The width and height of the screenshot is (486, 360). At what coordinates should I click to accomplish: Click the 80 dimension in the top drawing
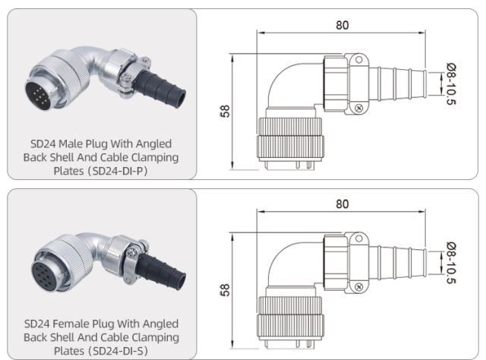[x=342, y=24]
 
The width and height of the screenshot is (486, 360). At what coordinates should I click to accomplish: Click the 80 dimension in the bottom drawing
[x=342, y=205]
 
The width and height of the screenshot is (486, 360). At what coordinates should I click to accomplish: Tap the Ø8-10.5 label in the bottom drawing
[x=453, y=264]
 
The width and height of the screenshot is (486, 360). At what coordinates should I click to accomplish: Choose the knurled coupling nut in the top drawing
[x=292, y=140]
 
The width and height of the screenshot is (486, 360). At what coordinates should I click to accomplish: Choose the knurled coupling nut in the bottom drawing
[x=292, y=320]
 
